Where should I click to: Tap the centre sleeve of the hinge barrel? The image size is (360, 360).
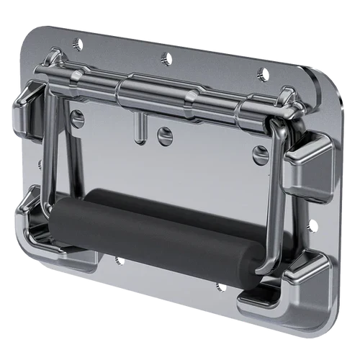(x=154, y=93)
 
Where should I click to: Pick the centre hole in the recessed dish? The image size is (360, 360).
(x=165, y=134)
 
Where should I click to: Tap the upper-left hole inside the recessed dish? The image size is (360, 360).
(x=78, y=116)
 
